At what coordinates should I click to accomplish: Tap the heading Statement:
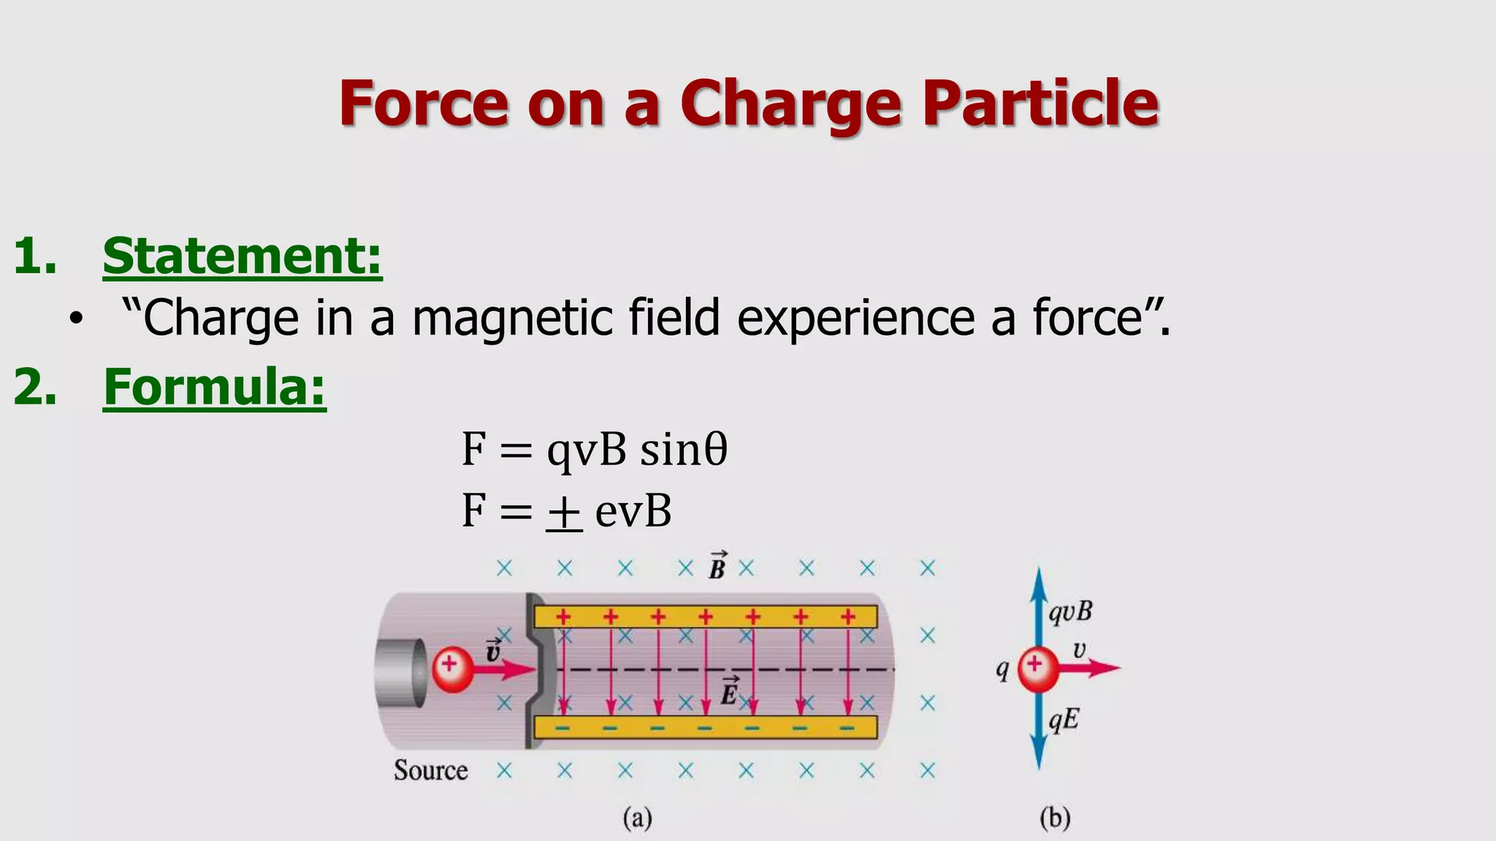point(242,256)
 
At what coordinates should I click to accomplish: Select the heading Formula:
point(214,387)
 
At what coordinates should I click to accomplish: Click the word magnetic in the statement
point(512,318)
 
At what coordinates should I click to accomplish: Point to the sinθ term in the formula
point(684,450)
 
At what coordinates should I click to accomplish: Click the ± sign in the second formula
point(564,512)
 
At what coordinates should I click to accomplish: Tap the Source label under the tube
point(430,770)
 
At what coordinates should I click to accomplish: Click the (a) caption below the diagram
point(637,818)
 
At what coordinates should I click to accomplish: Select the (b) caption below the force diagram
point(1055,818)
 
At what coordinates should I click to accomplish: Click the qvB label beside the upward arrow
point(1070,612)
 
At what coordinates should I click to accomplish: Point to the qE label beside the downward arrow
point(1064,721)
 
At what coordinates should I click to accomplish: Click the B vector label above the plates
point(717,567)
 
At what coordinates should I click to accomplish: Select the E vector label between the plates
point(729,691)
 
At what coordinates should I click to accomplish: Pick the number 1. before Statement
point(35,256)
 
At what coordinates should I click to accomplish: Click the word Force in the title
point(424,104)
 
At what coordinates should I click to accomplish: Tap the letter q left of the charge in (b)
point(1003,669)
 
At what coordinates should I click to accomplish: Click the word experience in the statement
point(855,318)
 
